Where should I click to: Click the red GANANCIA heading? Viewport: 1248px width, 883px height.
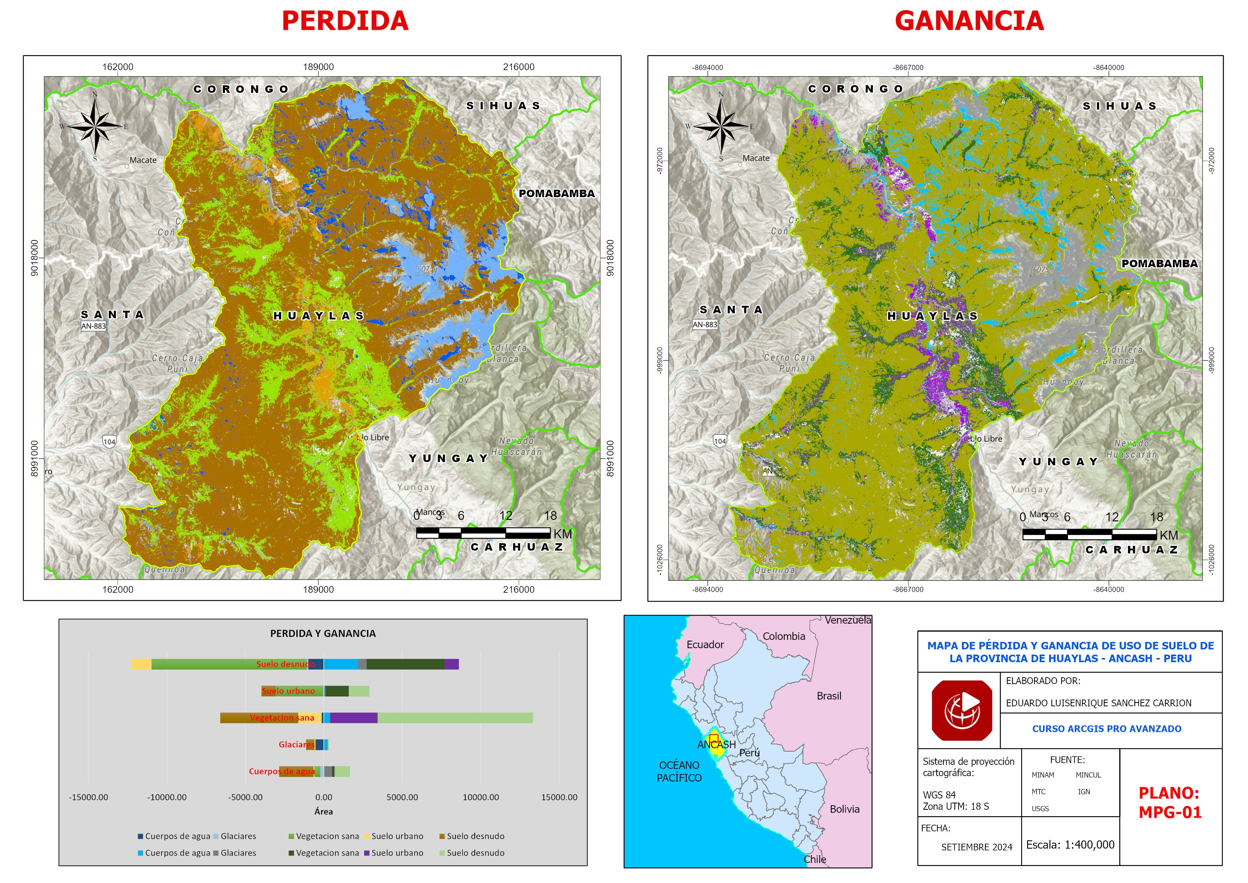point(969,21)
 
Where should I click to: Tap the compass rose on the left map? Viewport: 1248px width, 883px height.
point(95,126)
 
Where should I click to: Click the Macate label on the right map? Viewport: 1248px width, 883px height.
point(756,158)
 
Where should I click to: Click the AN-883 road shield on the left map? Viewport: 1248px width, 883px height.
point(94,326)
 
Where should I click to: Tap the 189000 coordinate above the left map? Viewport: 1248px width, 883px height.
point(318,67)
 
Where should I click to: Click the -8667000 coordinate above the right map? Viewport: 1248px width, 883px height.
point(908,68)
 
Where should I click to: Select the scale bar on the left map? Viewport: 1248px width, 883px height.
point(483,533)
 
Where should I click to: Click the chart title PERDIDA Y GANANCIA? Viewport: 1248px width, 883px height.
point(323,633)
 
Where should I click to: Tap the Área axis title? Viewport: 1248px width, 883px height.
point(323,811)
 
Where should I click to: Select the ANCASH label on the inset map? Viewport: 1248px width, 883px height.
point(716,745)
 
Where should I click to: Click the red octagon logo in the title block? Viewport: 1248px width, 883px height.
point(962,710)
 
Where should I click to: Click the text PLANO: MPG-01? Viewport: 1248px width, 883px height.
point(1170,803)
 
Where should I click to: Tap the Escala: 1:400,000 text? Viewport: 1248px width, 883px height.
point(1070,845)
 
